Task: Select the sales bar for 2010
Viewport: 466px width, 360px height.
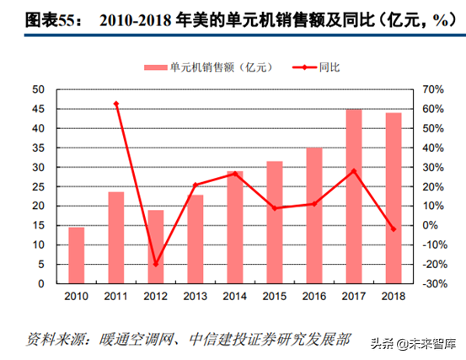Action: (77, 255)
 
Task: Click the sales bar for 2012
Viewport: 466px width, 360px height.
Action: (156, 246)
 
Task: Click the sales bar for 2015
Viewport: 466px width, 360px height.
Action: (275, 222)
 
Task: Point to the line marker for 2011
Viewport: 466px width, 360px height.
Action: (116, 104)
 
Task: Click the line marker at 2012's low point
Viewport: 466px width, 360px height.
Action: (156, 264)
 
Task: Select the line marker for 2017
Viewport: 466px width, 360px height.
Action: (354, 171)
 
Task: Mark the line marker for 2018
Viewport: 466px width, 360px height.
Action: (394, 228)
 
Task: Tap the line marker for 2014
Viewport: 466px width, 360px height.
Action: (235, 174)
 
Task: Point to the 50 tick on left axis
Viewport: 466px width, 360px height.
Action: (39, 89)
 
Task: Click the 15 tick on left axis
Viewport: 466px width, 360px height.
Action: (39, 225)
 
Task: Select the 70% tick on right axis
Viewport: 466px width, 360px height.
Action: (432, 89)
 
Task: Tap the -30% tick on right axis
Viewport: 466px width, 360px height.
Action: (432, 284)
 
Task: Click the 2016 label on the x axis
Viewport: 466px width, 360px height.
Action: (314, 297)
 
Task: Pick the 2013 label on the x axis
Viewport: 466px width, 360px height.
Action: (196, 297)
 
